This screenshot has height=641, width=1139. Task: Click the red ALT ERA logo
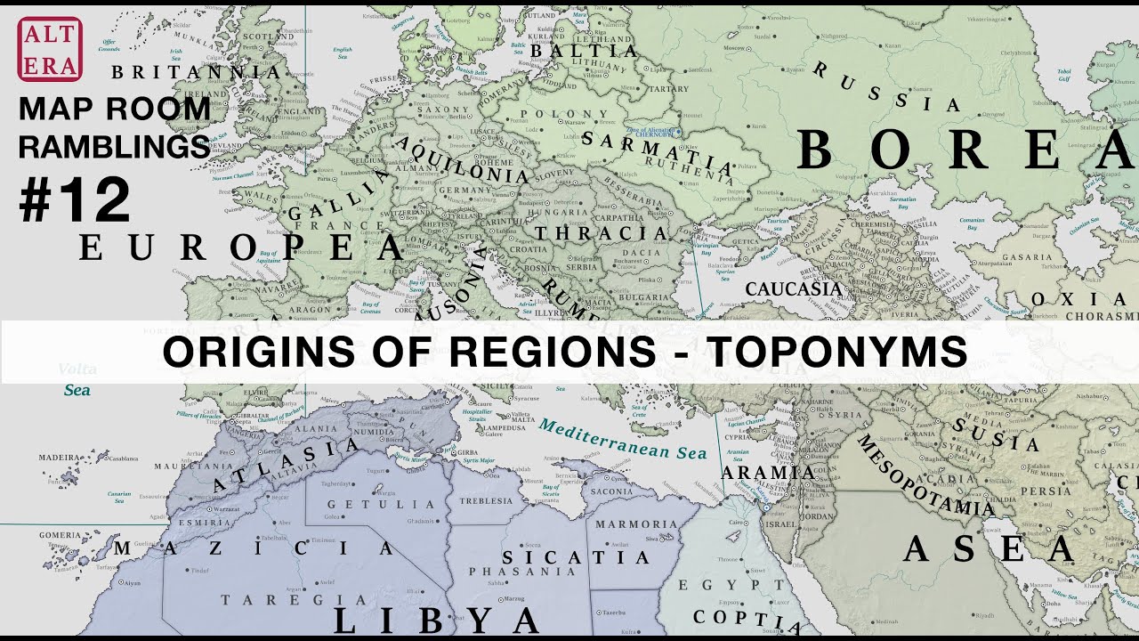tap(50, 49)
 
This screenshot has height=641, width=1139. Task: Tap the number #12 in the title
tap(75, 201)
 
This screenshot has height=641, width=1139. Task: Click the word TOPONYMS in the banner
tap(836, 353)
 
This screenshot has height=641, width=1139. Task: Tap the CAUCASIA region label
tap(793, 289)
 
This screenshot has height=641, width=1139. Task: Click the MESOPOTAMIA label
tap(925, 475)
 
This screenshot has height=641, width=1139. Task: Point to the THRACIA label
tap(601, 234)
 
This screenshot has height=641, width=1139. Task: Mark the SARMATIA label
tap(658, 151)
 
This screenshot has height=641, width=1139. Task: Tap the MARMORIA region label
tap(637, 524)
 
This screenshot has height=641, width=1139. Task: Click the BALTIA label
tap(584, 52)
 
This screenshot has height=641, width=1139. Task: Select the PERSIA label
tap(1045, 491)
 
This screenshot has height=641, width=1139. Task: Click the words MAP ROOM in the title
tap(115, 110)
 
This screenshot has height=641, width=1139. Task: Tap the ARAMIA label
tap(768, 472)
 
